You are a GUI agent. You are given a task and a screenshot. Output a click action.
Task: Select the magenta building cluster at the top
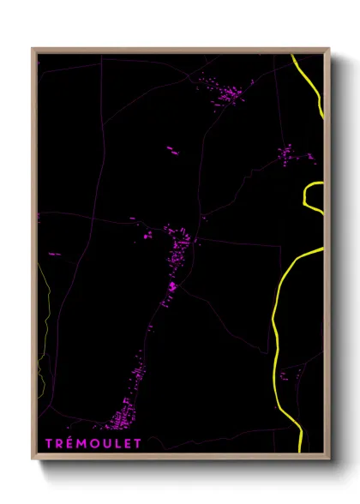tap(228, 92)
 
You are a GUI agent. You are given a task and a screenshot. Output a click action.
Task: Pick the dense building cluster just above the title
tap(120, 420)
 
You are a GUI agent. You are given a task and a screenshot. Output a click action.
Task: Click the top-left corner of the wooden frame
tap(33, 49)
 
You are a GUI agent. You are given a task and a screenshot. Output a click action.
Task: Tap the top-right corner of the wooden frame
tap(329, 49)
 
